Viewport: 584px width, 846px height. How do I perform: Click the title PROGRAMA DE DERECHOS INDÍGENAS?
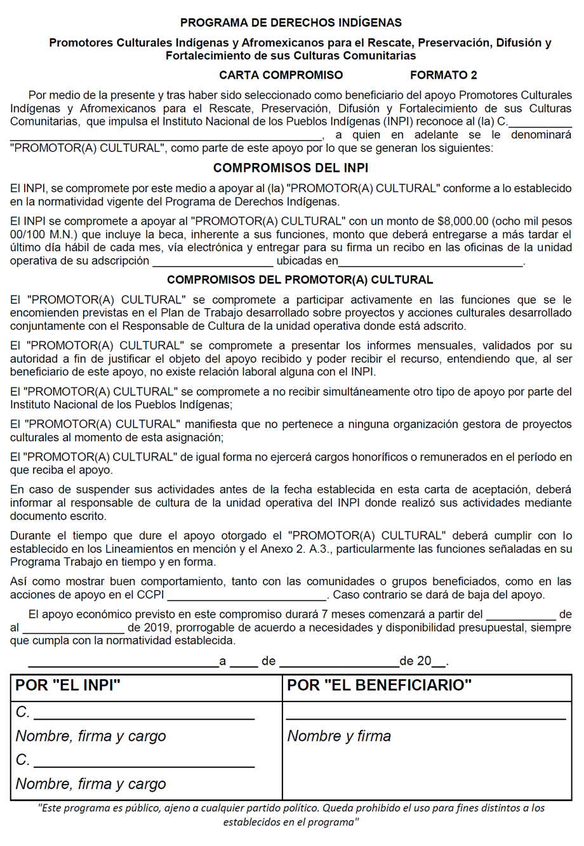click(291, 23)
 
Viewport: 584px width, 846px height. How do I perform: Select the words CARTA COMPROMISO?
click(281, 75)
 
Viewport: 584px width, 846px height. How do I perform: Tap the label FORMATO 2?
click(443, 75)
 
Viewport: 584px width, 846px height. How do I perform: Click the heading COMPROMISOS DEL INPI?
click(291, 168)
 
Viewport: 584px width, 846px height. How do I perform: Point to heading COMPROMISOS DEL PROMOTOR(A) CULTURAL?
click(300, 280)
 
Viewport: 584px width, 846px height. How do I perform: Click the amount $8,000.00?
click(463, 221)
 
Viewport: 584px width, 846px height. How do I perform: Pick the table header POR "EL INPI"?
click(68, 686)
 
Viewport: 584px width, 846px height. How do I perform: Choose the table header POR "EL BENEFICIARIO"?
click(379, 686)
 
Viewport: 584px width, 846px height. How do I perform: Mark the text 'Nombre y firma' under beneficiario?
click(339, 736)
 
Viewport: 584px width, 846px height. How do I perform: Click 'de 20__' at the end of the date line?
click(423, 661)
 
